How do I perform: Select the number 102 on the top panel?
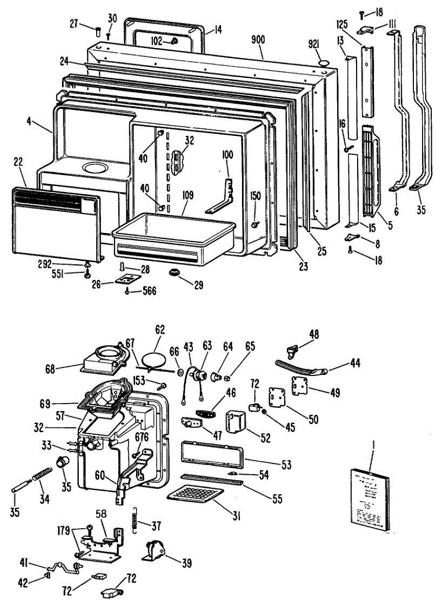click(x=156, y=42)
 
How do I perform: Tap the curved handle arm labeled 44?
click(x=302, y=366)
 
